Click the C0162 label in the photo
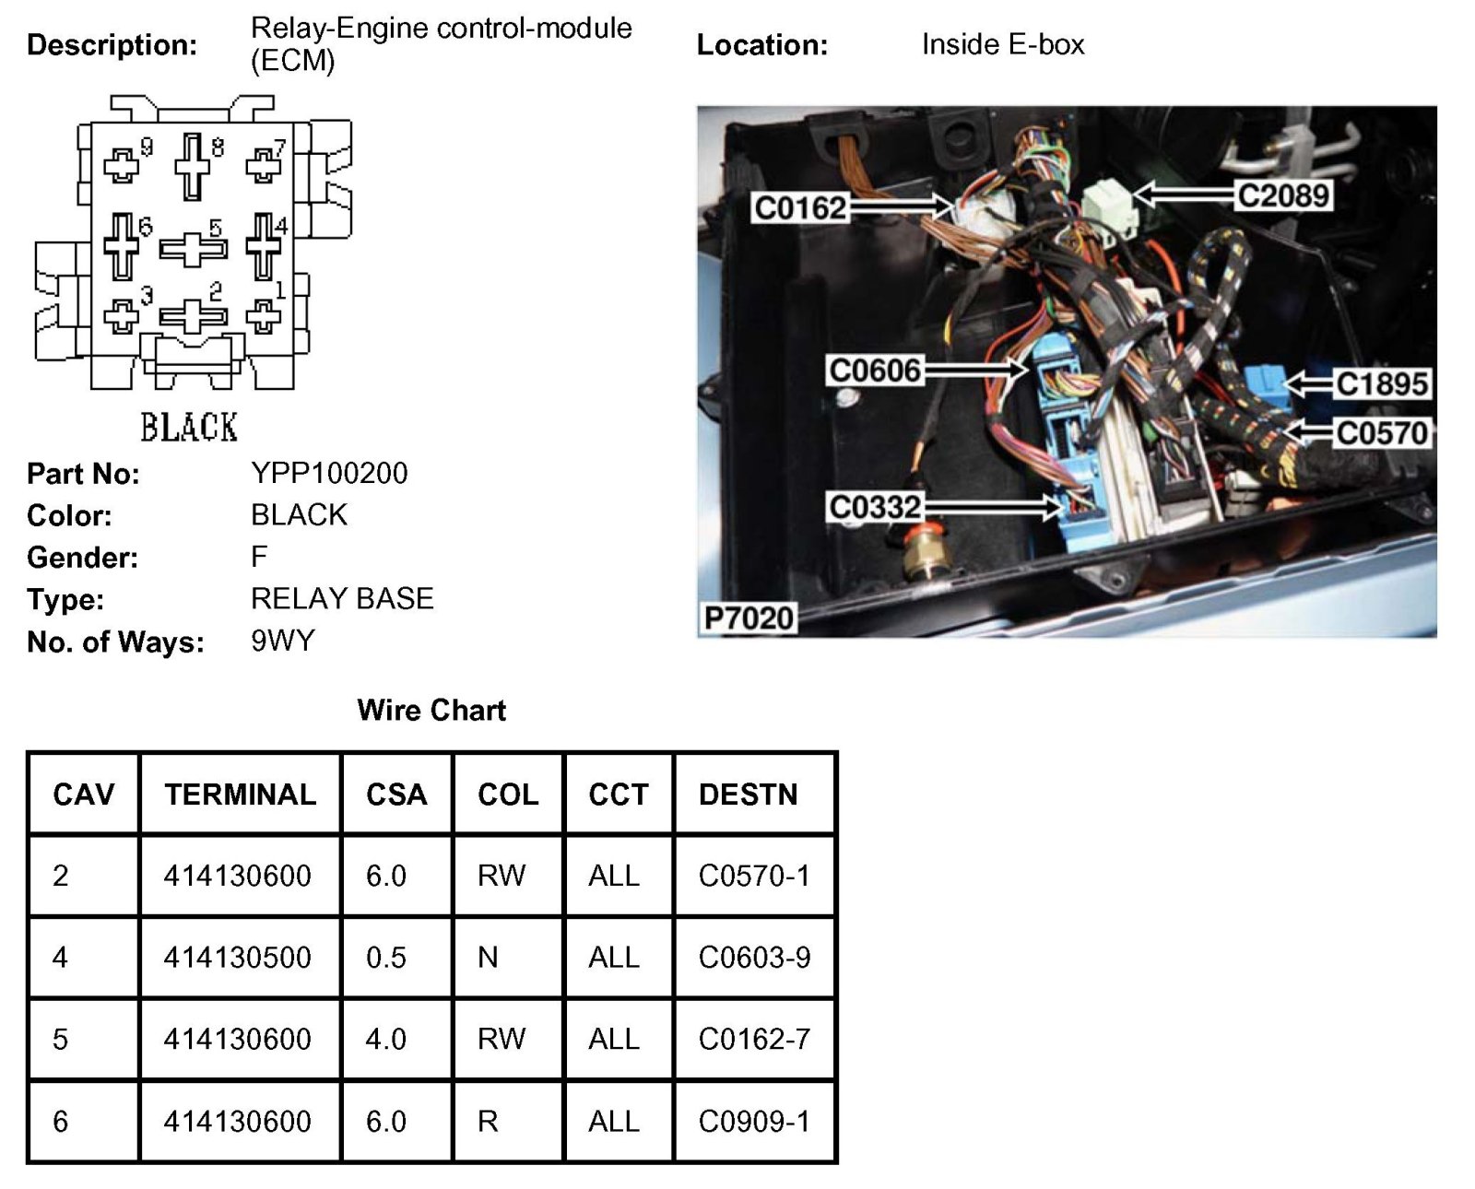(x=799, y=207)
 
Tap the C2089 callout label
(x=1283, y=195)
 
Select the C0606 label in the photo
(x=875, y=371)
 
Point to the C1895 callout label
(x=1381, y=383)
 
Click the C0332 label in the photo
(x=875, y=507)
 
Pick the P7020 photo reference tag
(x=749, y=618)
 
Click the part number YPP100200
(x=329, y=473)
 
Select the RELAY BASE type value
(x=342, y=598)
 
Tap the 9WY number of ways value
(x=283, y=641)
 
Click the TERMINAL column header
(x=240, y=795)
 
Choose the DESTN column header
(x=748, y=795)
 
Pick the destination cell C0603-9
(x=754, y=958)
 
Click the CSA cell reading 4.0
(x=385, y=1040)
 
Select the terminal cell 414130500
(x=237, y=958)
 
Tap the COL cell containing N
(x=488, y=958)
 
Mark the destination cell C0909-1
(x=754, y=1122)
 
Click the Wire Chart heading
(x=431, y=710)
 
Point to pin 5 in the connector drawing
(x=193, y=248)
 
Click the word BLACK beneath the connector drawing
(x=189, y=428)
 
